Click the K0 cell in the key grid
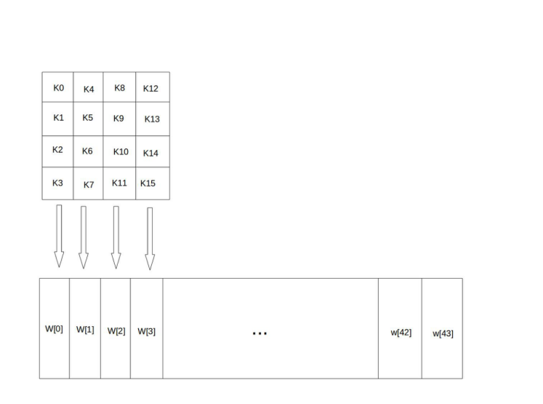(x=58, y=87)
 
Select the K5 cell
(x=88, y=119)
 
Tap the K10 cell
(x=120, y=151)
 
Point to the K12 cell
(x=151, y=87)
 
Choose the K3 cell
(x=58, y=183)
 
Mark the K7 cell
(x=88, y=183)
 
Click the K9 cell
(x=120, y=119)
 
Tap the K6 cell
(x=88, y=151)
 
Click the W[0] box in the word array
(x=55, y=328)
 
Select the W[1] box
(x=85, y=328)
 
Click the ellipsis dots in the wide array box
(x=260, y=333)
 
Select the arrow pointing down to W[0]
(x=60, y=236)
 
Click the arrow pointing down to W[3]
(x=150, y=239)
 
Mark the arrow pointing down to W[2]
(x=116, y=237)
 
